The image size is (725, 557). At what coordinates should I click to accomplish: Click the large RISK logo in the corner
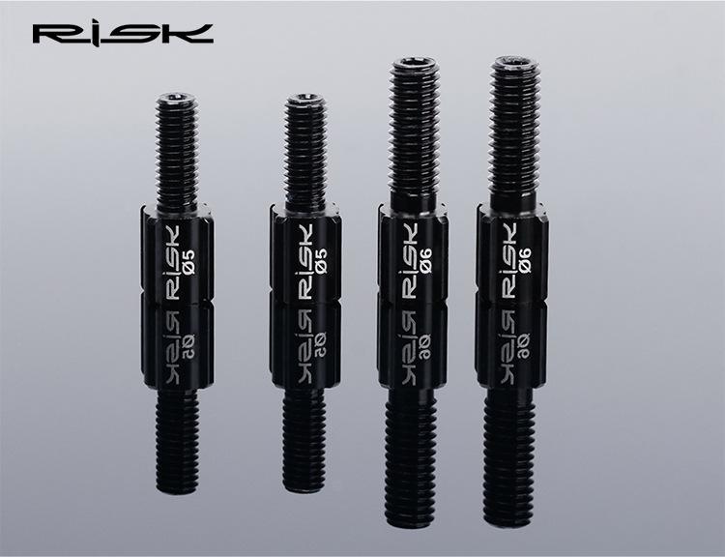123,34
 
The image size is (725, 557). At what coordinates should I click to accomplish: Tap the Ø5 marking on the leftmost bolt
188,261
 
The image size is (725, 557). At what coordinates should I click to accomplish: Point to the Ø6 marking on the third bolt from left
426,260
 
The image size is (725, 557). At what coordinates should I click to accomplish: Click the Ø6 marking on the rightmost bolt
525,260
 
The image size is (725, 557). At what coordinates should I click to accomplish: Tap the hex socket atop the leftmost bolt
177,98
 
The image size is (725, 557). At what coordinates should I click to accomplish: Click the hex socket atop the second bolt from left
304,97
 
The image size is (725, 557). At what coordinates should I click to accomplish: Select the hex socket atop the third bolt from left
416,62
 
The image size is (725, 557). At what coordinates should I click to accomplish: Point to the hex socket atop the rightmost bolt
514,61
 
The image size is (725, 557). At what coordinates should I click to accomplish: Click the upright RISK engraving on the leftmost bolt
172,263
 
